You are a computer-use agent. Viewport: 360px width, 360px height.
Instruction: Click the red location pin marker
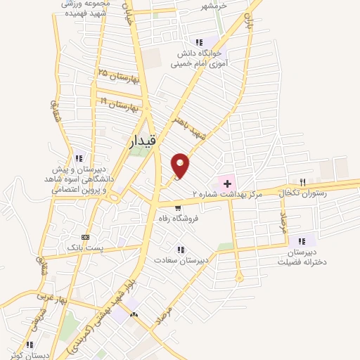click(181, 165)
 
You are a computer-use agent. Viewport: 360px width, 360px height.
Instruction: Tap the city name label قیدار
click(146, 141)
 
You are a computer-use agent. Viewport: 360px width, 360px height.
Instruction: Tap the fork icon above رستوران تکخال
click(303, 182)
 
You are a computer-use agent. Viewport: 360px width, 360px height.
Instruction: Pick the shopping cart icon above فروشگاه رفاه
click(179, 208)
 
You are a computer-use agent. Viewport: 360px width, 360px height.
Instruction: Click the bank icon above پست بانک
click(86, 238)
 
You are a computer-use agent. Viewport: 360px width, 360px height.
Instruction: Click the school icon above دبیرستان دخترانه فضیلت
click(303, 240)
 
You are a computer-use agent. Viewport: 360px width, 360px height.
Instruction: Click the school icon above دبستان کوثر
click(30, 345)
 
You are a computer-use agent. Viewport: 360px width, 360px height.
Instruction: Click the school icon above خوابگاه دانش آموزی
click(200, 41)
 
